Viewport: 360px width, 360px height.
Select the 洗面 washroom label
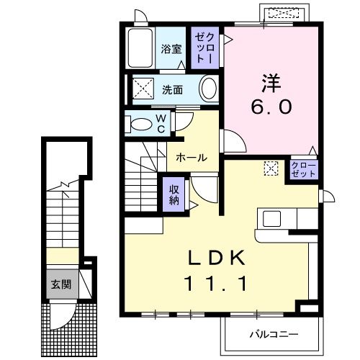click(171, 91)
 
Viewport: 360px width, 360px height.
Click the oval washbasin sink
click(208, 90)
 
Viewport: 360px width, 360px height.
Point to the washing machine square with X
click(140, 91)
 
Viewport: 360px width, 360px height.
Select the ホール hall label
click(192, 158)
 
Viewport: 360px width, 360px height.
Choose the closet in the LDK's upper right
click(303, 170)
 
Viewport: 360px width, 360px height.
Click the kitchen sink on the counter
click(274, 218)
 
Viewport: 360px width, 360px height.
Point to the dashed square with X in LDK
click(271, 168)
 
